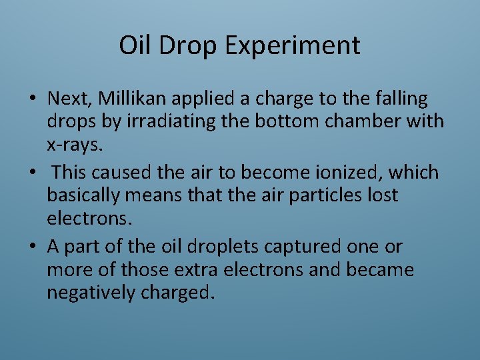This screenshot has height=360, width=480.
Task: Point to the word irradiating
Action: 157,122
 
